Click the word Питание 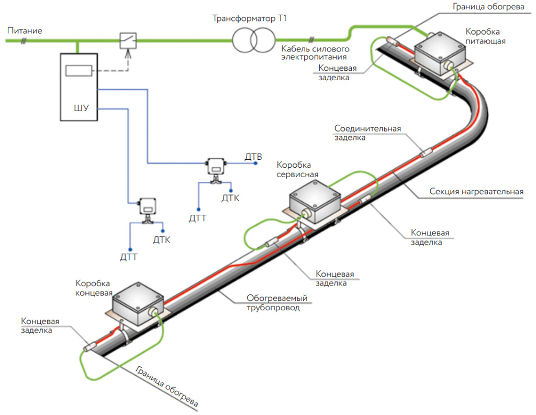(x=25, y=31)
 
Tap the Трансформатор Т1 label (x=250, y=19)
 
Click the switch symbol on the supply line (x=128, y=39)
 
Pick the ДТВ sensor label (x=253, y=156)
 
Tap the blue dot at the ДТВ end (x=255, y=163)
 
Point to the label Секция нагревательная (x=476, y=192)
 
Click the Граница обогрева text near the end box (x=166, y=387)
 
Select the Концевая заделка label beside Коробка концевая (x=40, y=325)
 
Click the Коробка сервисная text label (x=297, y=169)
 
